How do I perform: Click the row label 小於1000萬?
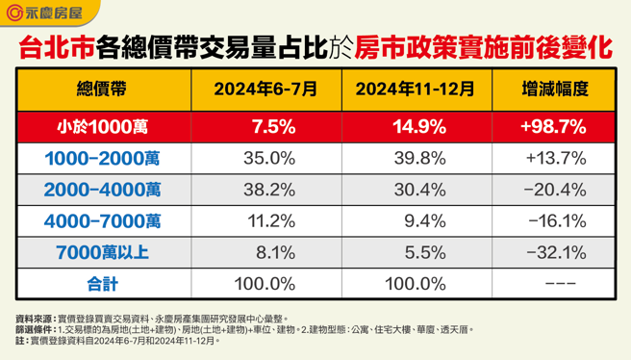(x=102, y=126)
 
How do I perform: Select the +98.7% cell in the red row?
(x=554, y=126)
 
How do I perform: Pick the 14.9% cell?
(x=415, y=126)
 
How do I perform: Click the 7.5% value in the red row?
(x=265, y=126)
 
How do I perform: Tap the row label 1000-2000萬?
(x=102, y=158)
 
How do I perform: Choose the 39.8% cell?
(x=415, y=158)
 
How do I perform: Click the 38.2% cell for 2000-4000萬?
(x=265, y=190)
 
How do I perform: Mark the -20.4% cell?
(x=554, y=190)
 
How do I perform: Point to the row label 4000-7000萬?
(x=102, y=221)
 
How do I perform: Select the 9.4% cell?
(x=415, y=221)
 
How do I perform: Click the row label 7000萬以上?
(x=102, y=253)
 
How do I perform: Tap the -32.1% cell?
(x=554, y=253)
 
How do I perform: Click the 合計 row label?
(x=102, y=285)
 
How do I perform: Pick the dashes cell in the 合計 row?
(x=554, y=285)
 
